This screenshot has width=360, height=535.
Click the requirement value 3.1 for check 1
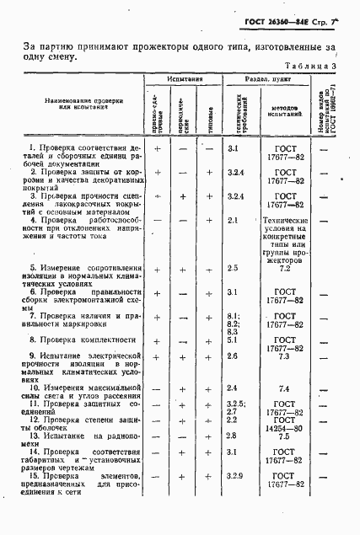click(234, 148)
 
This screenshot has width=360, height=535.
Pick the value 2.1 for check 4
click(234, 220)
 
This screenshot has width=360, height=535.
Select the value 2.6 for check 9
click(234, 357)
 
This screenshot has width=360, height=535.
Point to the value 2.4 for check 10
click(234, 388)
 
